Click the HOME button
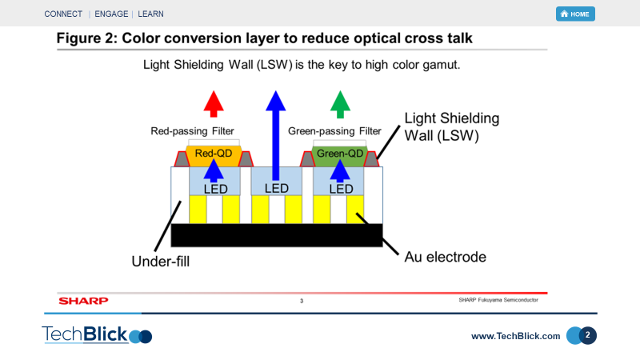coord(575,14)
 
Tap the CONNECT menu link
coord(63,14)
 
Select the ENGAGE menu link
coord(111,14)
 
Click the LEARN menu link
coord(150,14)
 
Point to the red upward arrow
coord(214,104)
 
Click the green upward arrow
coord(340,105)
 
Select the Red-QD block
coord(214,155)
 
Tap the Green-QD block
coord(339,156)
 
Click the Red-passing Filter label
coord(192,131)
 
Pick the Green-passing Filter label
coord(334,131)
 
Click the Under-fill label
coord(161,262)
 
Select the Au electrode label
coord(446,257)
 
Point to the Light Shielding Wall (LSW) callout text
coord(452,126)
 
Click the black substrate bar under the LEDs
coord(277,235)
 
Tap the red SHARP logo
coord(83,301)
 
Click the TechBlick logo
coord(97,334)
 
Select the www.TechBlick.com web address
coord(515,336)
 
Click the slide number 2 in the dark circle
coord(587,335)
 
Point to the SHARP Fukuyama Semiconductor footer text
coord(498,300)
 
